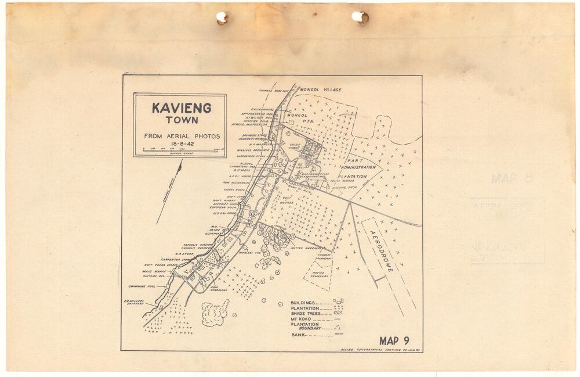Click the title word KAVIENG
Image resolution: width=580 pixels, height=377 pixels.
(181, 108)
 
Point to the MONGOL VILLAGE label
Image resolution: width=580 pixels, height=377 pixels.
(321, 90)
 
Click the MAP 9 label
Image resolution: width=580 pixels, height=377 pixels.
(394, 340)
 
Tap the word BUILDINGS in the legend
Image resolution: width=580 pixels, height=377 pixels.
(303, 303)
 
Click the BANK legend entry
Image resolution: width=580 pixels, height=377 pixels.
(298, 335)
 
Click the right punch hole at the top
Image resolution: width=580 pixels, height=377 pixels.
(360, 17)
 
